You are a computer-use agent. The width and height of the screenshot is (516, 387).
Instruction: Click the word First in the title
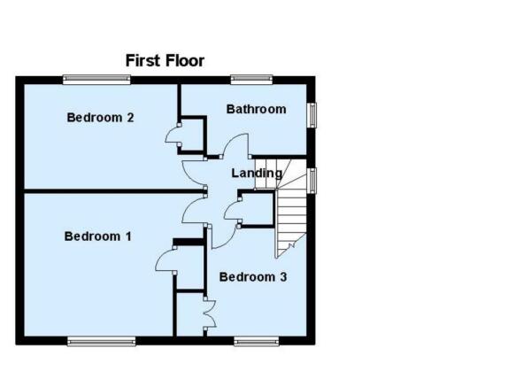[142, 61]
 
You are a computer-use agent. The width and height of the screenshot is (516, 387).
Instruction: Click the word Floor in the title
[185, 61]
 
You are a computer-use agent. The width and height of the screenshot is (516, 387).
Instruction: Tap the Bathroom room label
[256, 109]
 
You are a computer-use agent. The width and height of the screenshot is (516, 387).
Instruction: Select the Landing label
[257, 173]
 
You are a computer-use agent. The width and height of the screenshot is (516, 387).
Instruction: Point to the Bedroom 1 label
[97, 236]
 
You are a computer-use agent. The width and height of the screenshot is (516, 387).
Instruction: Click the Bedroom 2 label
[100, 117]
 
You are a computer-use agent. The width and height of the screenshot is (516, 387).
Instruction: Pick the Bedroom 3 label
[253, 277]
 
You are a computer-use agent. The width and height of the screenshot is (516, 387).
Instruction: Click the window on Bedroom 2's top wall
[96, 80]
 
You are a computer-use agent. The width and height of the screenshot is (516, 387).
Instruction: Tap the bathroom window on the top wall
[251, 80]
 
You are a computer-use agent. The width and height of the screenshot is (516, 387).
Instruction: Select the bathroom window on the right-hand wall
[312, 115]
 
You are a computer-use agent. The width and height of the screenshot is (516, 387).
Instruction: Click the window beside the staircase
[312, 180]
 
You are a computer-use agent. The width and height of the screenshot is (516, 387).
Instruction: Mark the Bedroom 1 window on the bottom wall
[102, 341]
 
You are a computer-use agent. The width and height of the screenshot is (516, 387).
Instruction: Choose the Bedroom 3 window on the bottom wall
[257, 341]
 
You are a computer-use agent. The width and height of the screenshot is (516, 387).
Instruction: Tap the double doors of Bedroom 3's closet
[211, 313]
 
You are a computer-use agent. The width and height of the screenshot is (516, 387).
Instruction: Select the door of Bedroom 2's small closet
[169, 134]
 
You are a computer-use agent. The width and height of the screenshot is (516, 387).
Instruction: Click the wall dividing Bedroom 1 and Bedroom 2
[113, 191]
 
